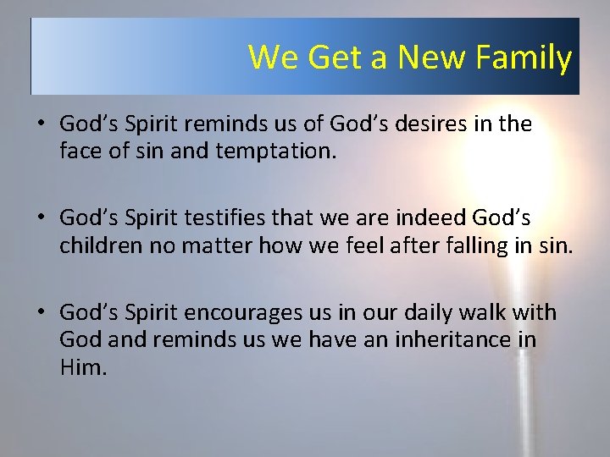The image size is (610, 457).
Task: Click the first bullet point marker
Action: pyautogui.click(x=41, y=124)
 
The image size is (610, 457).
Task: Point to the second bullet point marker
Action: pyautogui.click(x=41, y=219)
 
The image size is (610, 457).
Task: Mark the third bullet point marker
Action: pyautogui.click(x=41, y=314)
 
